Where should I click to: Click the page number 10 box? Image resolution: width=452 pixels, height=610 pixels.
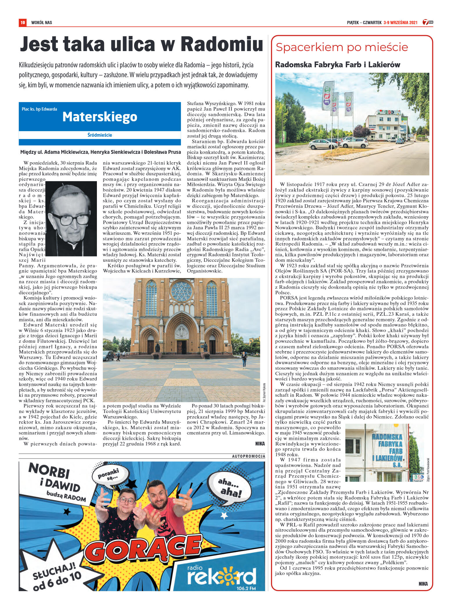23,22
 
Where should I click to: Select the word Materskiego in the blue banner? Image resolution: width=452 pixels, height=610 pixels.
100,117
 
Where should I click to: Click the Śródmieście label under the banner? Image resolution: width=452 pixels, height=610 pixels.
100,135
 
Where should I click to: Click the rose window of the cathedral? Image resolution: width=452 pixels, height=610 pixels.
182,292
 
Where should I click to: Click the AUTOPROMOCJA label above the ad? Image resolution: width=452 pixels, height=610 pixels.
248,456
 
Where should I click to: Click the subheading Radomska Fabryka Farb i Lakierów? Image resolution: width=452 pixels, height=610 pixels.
337,65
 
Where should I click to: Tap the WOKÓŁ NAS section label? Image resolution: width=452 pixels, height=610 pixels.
41,23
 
